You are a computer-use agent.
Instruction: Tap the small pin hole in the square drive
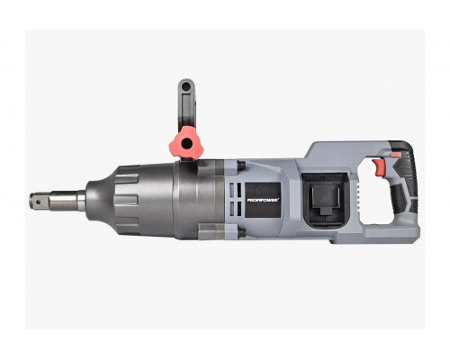coord(42,199)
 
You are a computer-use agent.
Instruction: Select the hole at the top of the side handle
coord(186,87)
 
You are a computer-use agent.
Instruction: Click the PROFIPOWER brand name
coord(263,200)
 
